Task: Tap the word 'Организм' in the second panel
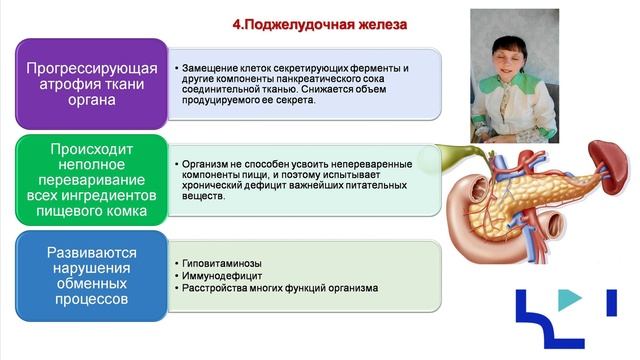pos(205,162)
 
